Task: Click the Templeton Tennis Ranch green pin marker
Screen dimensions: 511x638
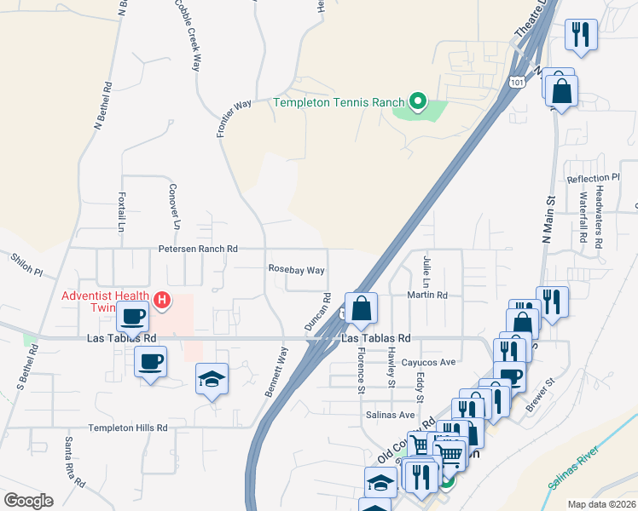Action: (417, 103)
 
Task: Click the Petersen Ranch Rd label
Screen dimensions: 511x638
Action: (197, 249)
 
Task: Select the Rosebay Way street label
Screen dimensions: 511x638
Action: (296, 270)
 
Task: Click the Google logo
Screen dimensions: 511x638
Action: (28, 500)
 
